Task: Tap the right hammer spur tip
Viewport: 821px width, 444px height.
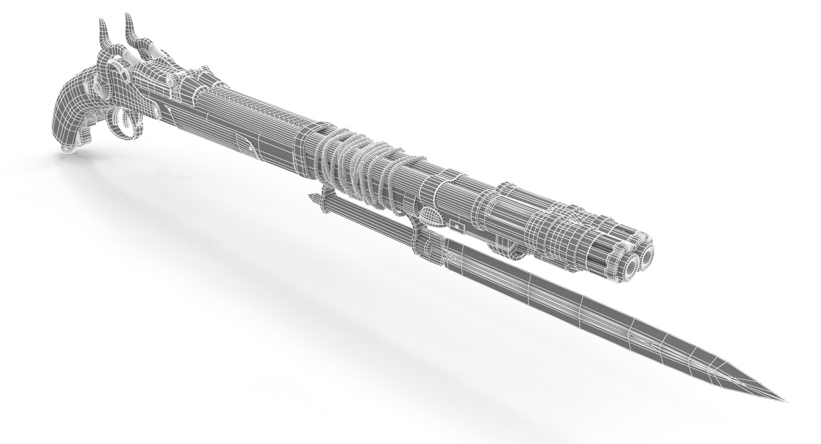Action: point(127,16)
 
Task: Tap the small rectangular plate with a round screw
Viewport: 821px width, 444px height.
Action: point(457,225)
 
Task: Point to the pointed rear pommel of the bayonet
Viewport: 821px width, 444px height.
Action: point(312,197)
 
